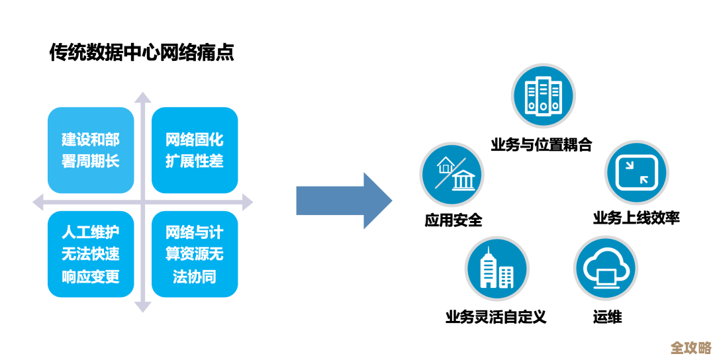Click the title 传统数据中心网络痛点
pyautogui.click(x=142, y=52)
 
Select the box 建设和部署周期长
pyautogui.click(x=91, y=150)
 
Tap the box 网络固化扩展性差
pyautogui.click(x=195, y=150)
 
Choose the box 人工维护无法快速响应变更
pyautogui.click(x=91, y=254)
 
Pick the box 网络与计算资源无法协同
pyautogui.click(x=195, y=254)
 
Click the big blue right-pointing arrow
pyautogui.click(x=344, y=201)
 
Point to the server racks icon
pyautogui.click(x=543, y=97)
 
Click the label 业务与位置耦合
pyautogui.click(x=542, y=144)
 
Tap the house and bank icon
pyautogui.click(x=452, y=173)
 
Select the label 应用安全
pyautogui.click(x=453, y=220)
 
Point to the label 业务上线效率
pyautogui.click(x=636, y=218)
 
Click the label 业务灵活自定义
pyautogui.click(x=496, y=316)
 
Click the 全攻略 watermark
pyautogui.click(x=691, y=347)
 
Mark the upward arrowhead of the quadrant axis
pyautogui.click(x=142, y=97)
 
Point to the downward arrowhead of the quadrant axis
pyautogui.click(x=142, y=306)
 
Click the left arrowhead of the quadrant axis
pyautogui.click(x=38, y=201)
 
